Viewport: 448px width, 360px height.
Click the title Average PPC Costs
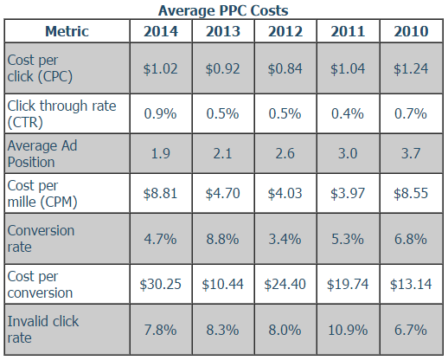224,10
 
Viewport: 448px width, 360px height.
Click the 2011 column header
348,32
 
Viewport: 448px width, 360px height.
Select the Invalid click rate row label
42,329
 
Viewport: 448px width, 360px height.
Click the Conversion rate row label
41,239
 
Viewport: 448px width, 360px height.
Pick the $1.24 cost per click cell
411,67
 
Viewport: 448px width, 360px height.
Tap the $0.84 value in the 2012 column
285,67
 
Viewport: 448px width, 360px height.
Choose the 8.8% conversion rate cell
224,239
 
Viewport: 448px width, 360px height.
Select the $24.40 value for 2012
285,284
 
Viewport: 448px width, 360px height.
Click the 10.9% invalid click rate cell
348,329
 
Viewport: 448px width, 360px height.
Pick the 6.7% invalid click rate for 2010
411,329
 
